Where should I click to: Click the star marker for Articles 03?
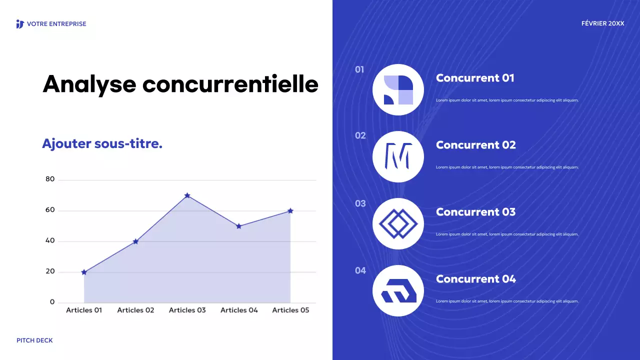[187, 195]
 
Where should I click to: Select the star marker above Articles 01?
[84, 272]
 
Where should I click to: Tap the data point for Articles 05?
[290, 211]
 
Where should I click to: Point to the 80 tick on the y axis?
[50, 179]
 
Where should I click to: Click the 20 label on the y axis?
[50, 272]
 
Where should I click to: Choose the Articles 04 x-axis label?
[239, 310]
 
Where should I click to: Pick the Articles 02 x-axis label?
[135, 310]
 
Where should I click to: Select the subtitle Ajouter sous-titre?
[102, 144]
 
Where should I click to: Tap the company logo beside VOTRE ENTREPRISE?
[20, 24]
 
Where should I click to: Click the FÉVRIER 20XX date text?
[602, 23]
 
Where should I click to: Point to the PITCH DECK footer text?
[34, 340]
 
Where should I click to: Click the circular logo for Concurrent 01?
[398, 90]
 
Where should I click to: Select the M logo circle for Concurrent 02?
[398, 156]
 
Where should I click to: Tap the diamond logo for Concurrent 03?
[398, 223]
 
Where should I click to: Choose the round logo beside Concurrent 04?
[398, 290]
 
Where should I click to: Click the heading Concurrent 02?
[475, 145]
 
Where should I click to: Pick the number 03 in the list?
[360, 203]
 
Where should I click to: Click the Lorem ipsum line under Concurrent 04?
[507, 301]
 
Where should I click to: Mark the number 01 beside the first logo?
[359, 69]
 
